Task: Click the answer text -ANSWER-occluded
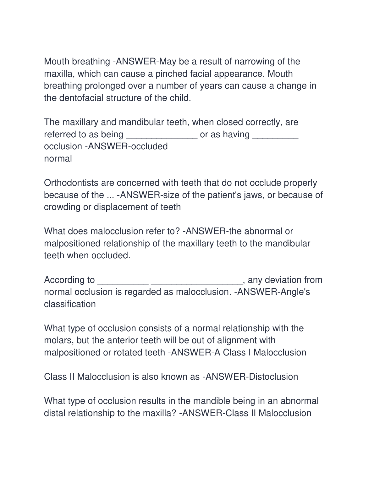[x=126, y=146]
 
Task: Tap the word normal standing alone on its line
[x=58, y=159]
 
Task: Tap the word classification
[x=70, y=304]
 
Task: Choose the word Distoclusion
[x=273, y=377]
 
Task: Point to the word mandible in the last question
[x=211, y=401]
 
